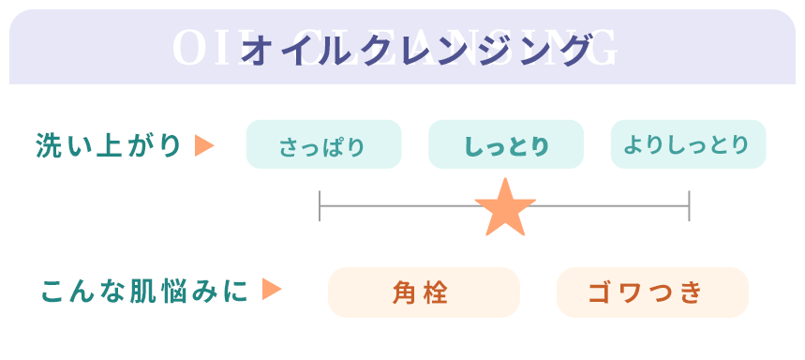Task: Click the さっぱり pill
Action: point(323,145)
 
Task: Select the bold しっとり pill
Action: point(506,145)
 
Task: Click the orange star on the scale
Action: point(505,208)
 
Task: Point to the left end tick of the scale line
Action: point(320,205)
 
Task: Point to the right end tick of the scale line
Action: point(690,205)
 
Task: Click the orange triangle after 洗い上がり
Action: point(204,146)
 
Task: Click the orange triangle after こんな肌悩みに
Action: point(272,290)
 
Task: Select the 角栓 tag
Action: point(424,292)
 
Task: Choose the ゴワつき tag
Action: point(652,292)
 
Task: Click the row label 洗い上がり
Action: point(109,146)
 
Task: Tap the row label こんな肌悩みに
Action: point(145,292)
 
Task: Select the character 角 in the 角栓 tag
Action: point(405,292)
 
